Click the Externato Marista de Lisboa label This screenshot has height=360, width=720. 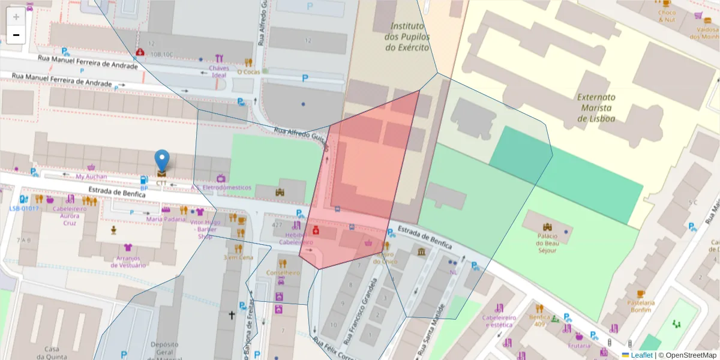click(596, 107)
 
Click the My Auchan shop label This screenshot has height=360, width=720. click(91, 176)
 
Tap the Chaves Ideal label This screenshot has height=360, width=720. click(219, 71)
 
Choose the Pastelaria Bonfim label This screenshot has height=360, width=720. click(640, 306)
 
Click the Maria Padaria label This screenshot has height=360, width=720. click(166, 219)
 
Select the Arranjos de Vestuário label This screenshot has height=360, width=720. click(127, 261)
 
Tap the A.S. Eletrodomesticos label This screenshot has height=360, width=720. click(221, 187)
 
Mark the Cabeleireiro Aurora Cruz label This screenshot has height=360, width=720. click(70, 216)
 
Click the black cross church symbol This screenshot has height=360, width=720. click(232, 314)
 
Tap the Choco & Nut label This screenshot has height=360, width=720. click(666, 16)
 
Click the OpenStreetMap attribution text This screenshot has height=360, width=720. click(687, 355)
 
